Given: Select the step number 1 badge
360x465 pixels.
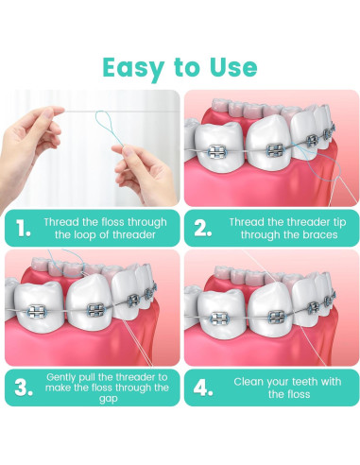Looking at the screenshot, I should click(x=23, y=227).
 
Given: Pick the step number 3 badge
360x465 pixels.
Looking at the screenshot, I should click(x=23, y=387).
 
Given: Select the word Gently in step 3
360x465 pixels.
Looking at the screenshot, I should click(x=62, y=376).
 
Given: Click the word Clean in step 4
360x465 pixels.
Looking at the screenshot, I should click(x=251, y=381).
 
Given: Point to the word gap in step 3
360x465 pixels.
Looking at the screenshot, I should click(x=107, y=398).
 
